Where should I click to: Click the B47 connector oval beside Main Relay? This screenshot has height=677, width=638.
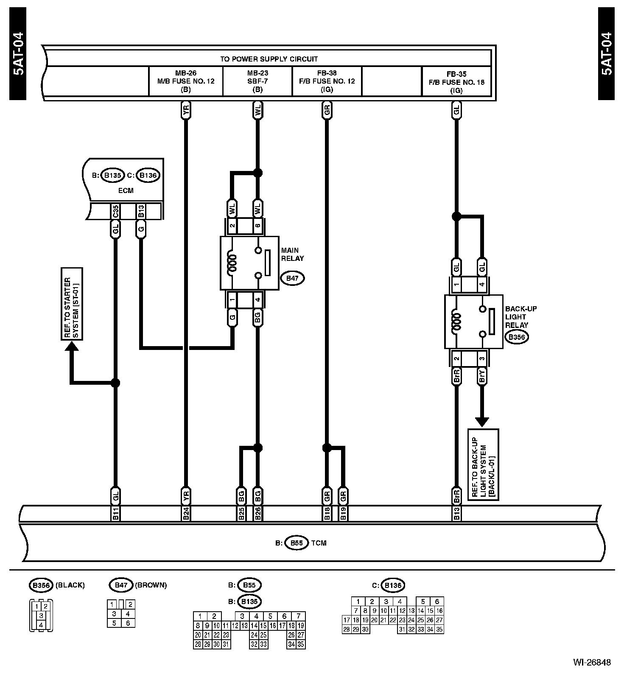coord(292,278)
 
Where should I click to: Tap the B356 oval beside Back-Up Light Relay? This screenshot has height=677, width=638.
coord(516,337)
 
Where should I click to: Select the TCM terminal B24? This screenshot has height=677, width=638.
coord(186,514)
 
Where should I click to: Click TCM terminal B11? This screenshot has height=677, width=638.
coord(115,514)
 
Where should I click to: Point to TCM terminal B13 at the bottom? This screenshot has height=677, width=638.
coord(456,514)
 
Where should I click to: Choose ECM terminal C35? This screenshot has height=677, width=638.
coord(115,211)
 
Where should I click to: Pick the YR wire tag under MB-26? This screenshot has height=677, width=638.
coord(185,110)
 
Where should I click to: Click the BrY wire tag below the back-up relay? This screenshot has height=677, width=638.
coord(481,376)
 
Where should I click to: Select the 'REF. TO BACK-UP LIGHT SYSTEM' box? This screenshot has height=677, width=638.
coord(483,464)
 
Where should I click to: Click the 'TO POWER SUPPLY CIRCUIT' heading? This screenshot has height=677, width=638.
coord(269,59)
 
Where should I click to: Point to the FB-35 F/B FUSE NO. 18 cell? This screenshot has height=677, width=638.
coord(456,81)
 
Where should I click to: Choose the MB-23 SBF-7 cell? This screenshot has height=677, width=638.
coord(257,81)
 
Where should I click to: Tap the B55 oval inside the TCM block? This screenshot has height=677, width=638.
coord(297,543)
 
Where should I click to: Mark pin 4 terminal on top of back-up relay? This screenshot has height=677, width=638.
coord(481,284)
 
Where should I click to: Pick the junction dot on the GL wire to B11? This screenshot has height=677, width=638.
coord(115,383)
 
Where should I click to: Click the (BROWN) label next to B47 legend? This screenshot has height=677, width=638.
coord(151,585)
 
